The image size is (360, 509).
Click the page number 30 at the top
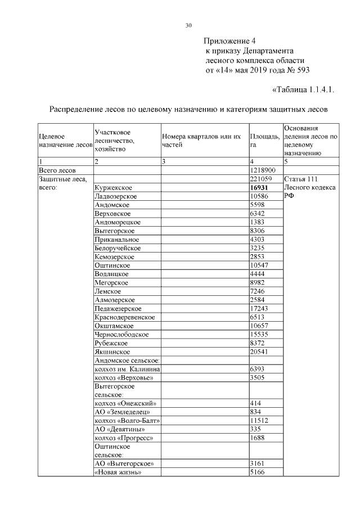(188, 25)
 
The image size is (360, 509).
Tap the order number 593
(301, 70)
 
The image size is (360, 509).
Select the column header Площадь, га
(263, 141)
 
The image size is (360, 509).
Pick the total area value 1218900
(262, 170)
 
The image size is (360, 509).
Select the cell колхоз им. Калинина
(128, 369)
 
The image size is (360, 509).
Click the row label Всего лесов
(57, 170)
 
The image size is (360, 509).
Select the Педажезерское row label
(118, 309)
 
